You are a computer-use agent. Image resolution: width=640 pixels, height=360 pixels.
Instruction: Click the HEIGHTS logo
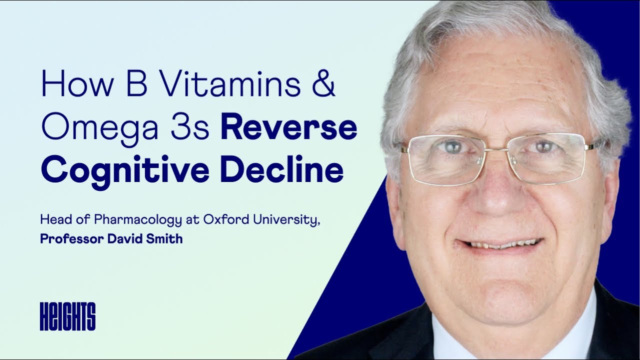[x=67, y=316]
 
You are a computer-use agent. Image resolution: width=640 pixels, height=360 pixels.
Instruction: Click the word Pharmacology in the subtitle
[x=118, y=220]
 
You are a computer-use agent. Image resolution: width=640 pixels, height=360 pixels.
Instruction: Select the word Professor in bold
[x=71, y=239]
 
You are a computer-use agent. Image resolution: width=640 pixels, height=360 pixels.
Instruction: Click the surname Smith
[x=164, y=239]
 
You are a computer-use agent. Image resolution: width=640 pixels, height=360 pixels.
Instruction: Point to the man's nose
[x=495, y=192]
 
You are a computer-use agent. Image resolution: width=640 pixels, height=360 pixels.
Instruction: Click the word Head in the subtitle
[x=53, y=220]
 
